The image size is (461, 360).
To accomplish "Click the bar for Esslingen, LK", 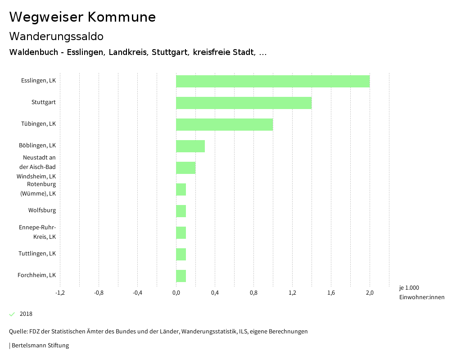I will [x=272, y=81].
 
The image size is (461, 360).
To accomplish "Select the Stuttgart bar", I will [x=244, y=103].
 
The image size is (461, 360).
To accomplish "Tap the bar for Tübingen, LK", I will [x=224, y=124].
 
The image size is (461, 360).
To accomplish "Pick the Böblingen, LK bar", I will [x=190, y=146].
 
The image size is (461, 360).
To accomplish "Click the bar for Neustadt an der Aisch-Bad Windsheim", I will [x=185, y=168].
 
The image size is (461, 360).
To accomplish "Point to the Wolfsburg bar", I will [x=181, y=211].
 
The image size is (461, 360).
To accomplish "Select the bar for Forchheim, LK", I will [x=181, y=276].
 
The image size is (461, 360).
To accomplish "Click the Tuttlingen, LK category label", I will [x=37, y=254].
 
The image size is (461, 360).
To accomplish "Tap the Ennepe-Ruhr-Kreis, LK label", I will [x=37, y=232].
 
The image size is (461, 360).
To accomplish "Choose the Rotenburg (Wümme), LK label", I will [x=38, y=189].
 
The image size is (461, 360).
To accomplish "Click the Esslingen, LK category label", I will [x=38, y=81].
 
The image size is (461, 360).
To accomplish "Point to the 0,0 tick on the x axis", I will [x=176, y=293].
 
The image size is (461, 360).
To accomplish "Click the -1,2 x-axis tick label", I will [x=60, y=293].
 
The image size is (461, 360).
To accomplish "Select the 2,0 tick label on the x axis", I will [x=370, y=293].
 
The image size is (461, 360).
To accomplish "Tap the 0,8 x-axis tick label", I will [x=253, y=293].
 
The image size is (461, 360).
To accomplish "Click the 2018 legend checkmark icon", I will [x=12, y=314].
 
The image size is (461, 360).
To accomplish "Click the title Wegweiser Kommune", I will [x=82, y=17].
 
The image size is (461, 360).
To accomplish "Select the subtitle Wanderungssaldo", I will [x=56, y=36].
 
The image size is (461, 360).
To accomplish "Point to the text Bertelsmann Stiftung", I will [x=40, y=346].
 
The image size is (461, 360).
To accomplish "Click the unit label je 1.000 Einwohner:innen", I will [x=421, y=292].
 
